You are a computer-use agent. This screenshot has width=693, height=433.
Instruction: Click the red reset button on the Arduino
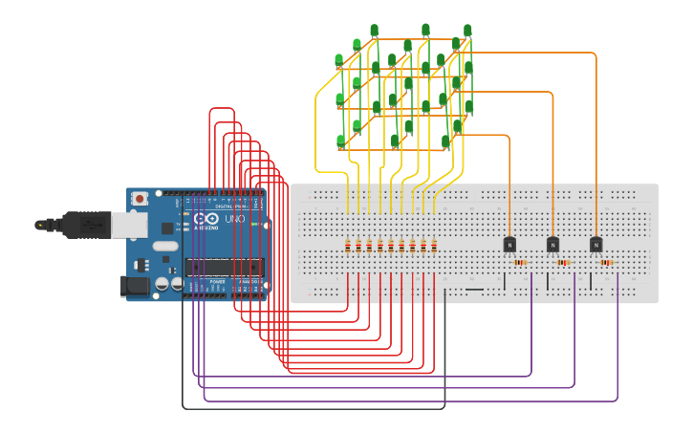(x=140, y=199)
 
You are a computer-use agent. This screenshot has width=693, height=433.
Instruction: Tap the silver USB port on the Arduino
(x=129, y=224)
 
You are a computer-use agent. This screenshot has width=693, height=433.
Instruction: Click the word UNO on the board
(x=234, y=220)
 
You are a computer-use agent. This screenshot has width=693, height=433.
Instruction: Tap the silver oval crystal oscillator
(x=164, y=246)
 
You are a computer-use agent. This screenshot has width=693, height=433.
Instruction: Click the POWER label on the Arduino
(x=217, y=283)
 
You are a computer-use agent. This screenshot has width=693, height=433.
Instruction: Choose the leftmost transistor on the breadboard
(x=509, y=245)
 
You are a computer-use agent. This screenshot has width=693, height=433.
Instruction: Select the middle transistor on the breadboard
(x=552, y=245)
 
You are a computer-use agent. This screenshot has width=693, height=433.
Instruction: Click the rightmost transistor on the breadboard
(x=596, y=245)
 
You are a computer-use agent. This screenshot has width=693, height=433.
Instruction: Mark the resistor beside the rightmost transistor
(x=606, y=262)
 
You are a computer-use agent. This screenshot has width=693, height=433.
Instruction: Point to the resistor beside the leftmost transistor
(x=520, y=262)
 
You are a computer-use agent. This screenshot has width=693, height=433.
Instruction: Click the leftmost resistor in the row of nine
(x=348, y=247)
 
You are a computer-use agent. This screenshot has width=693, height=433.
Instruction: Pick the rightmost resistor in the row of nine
(x=434, y=247)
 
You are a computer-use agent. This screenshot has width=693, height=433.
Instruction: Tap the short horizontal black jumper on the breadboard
(x=474, y=289)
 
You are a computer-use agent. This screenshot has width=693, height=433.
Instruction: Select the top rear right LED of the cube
(x=467, y=32)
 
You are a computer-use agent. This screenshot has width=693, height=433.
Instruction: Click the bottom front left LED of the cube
(x=340, y=141)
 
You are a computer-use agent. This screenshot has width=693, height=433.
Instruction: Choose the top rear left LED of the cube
(x=374, y=32)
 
